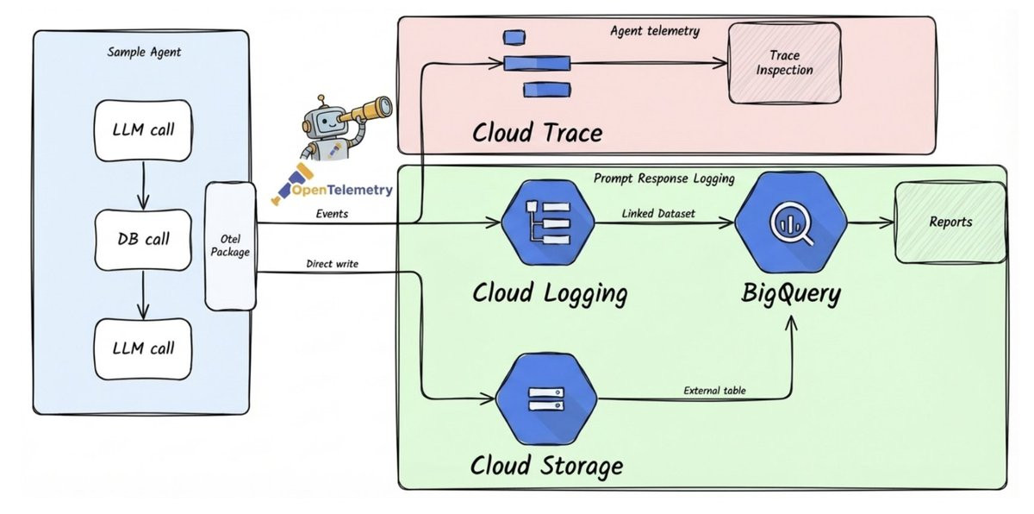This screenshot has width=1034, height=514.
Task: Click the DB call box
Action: pyautogui.click(x=144, y=238)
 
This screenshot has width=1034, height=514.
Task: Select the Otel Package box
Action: pyautogui.click(x=230, y=246)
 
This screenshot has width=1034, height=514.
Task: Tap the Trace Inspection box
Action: pyautogui.click(x=784, y=62)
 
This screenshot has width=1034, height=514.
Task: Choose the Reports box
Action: pyautogui.click(x=950, y=223)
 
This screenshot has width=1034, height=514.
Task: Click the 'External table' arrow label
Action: pyautogui.click(x=715, y=391)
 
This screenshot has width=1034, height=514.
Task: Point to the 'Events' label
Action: pyautogui.click(x=332, y=213)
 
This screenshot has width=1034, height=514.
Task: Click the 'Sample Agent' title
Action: pyautogui.click(x=144, y=52)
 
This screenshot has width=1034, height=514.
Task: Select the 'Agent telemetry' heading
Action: pyautogui.click(x=655, y=31)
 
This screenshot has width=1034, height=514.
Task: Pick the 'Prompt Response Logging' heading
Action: pyautogui.click(x=663, y=179)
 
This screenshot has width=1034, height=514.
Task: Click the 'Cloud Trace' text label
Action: pyautogui.click(x=536, y=132)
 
